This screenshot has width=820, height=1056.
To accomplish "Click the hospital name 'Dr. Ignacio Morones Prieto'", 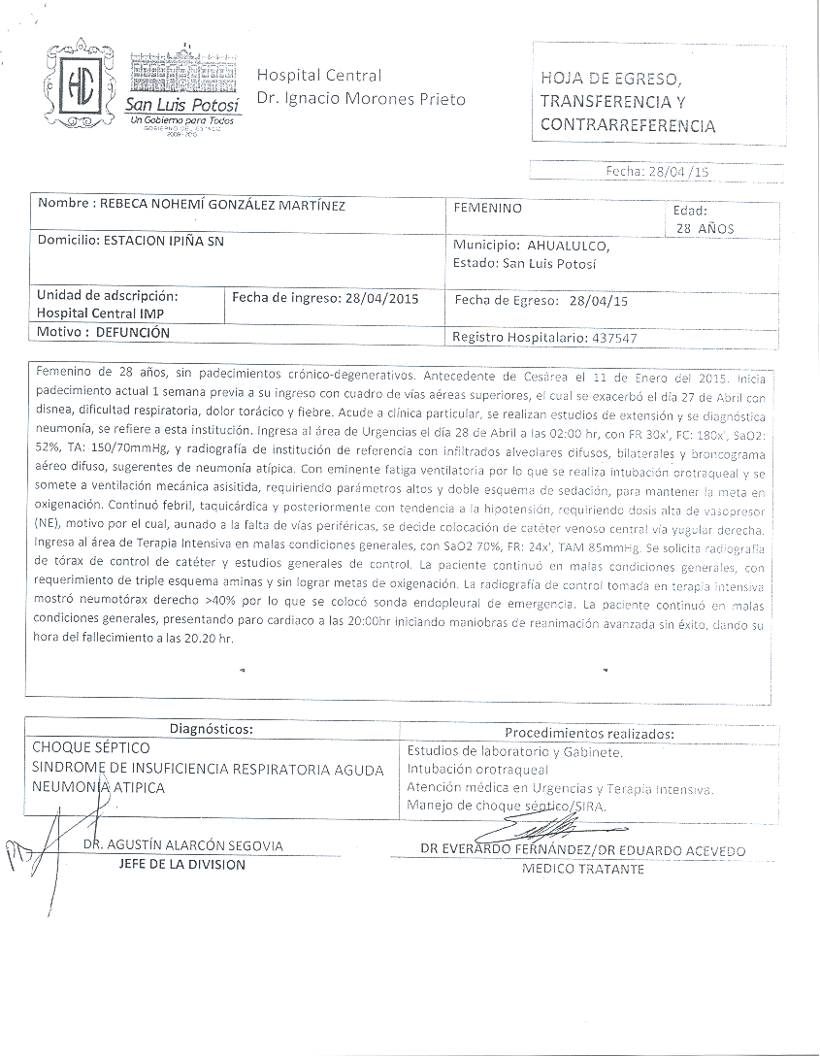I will pyautogui.click(x=361, y=99).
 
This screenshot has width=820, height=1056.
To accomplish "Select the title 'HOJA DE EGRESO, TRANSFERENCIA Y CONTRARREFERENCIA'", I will pyautogui.click(x=628, y=101).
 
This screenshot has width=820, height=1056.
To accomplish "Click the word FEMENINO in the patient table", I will pyautogui.click(x=487, y=208).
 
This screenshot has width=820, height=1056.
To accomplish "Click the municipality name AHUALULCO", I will pyautogui.click(x=569, y=246).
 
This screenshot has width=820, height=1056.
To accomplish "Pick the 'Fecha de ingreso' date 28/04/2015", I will pyautogui.click(x=380, y=298).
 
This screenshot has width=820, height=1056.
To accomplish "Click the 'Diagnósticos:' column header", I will pyautogui.click(x=212, y=728).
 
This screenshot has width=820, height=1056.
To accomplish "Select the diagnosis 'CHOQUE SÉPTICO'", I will pyautogui.click(x=91, y=748).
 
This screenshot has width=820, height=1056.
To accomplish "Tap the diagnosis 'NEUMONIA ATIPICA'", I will pyautogui.click(x=98, y=787).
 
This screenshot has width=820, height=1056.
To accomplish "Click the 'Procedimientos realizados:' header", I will pyautogui.click(x=589, y=733).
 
